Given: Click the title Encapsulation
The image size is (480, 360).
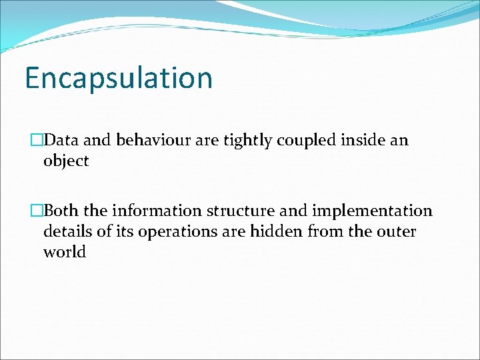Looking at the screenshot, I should [x=119, y=78].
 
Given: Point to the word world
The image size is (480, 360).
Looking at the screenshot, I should [x=65, y=253].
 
